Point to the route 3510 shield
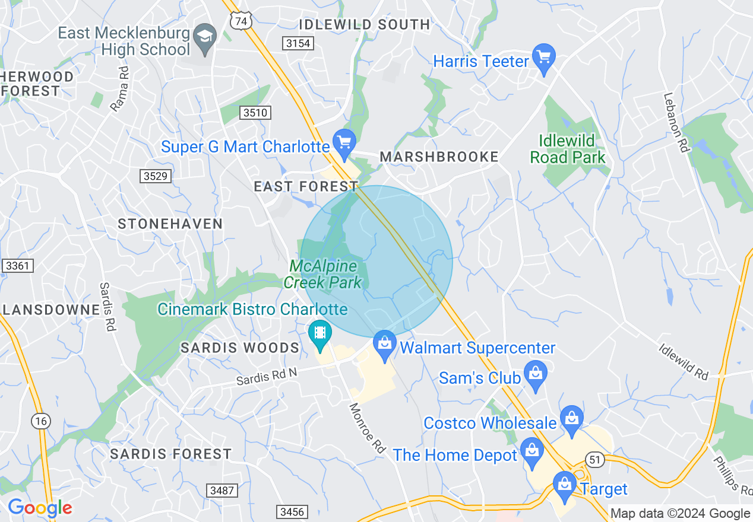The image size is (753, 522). (x=255, y=113)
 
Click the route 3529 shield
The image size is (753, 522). (x=156, y=176)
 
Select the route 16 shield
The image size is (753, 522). (x=40, y=421)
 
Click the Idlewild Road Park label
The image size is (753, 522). (x=568, y=149)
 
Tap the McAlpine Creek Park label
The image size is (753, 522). (x=323, y=274)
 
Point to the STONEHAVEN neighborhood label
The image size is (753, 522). (x=170, y=224)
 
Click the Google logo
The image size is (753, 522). (x=40, y=508)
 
